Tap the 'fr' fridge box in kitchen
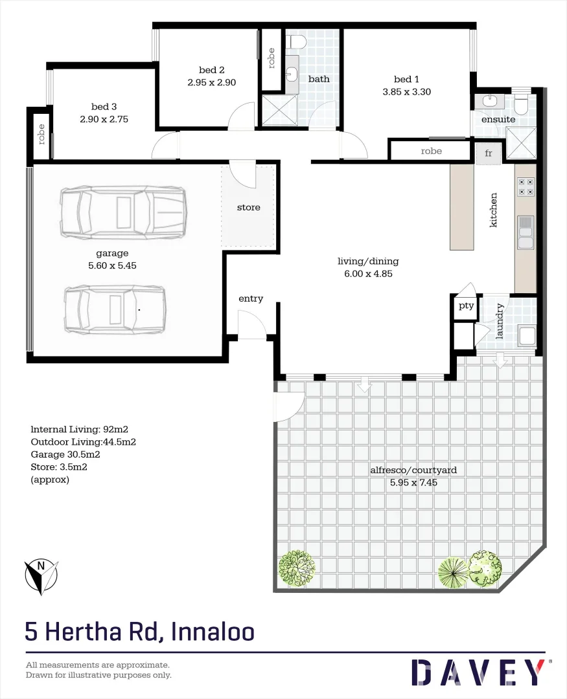pos(489,153)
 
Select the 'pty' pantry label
pos(467,305)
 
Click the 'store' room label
pos(248,207)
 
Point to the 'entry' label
pos(251,298)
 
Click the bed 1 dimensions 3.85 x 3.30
pos(406,92)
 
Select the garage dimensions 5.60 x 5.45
pos(112,265)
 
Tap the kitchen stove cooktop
pos(526,187)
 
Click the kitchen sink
pos(526,232)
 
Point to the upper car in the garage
pos(123,211)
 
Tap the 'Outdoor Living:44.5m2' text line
pos(83,442)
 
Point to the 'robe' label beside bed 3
pos(42,134)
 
